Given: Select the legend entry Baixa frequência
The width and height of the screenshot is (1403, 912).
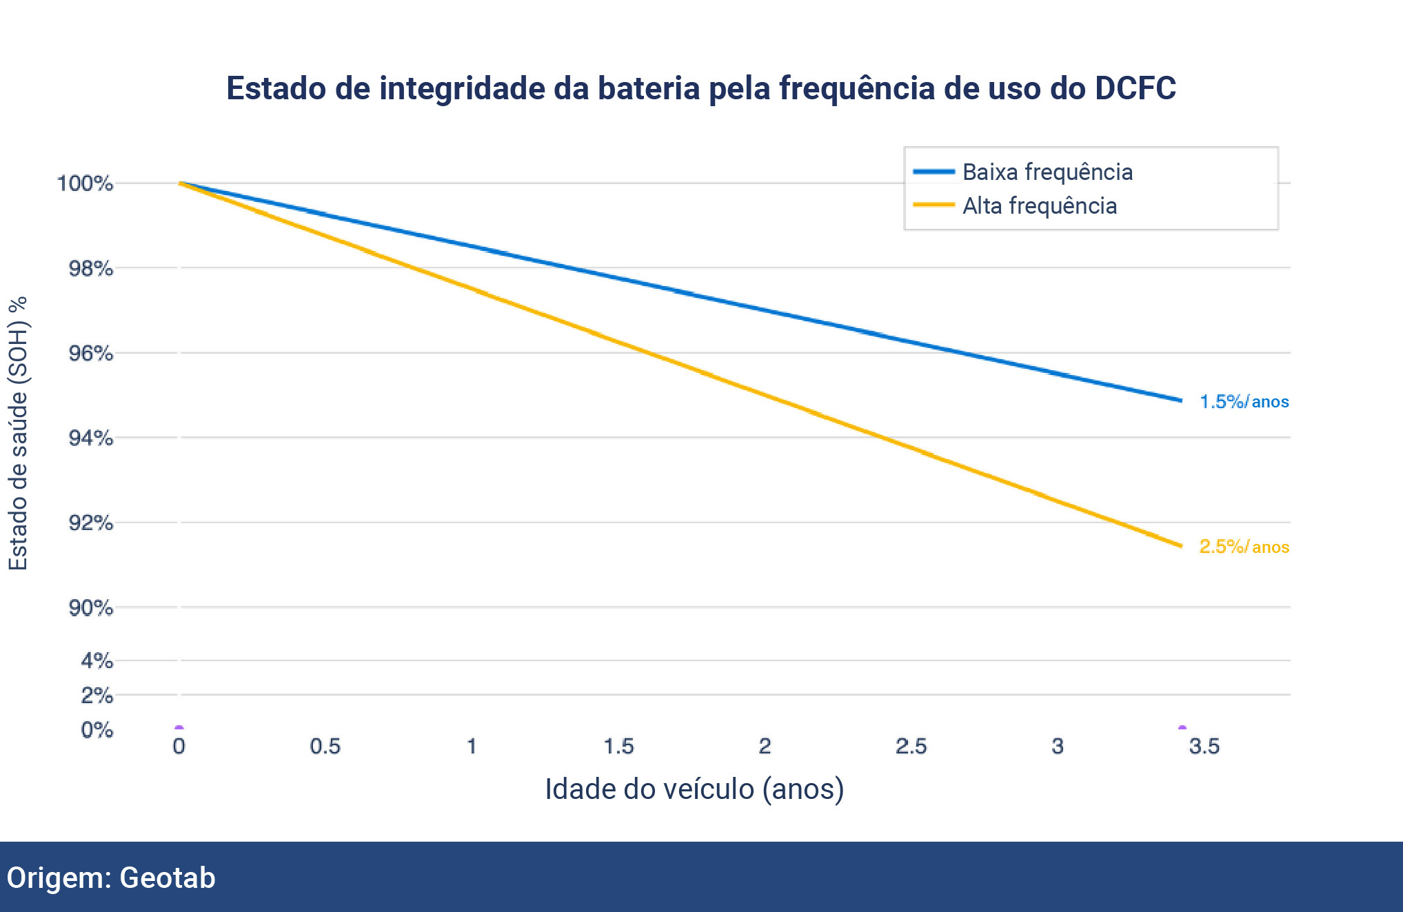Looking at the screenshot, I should click(1047, 172).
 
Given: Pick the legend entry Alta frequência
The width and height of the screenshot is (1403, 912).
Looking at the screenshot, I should click(1039, 206).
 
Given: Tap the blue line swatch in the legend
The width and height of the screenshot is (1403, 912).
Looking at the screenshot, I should click(933, 172).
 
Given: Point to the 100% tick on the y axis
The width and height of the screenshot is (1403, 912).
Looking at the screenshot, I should click(85, 183).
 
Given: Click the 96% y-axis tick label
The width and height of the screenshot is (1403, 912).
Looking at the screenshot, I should click(90, 354).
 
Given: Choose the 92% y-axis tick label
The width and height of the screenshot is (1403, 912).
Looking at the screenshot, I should click(90, 523).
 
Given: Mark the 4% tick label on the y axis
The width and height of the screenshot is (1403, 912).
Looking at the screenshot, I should click(97, 661).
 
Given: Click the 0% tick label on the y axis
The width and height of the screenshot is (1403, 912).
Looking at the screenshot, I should click(97, 730).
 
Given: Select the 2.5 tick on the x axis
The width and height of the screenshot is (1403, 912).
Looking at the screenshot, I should click(911, 747).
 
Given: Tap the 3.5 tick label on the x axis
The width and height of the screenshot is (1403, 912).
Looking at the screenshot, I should click(1204, 747).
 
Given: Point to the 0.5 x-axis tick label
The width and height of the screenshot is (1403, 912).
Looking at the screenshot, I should click(325, 747).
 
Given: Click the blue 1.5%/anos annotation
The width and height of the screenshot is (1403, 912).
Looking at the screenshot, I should click(1244, 402).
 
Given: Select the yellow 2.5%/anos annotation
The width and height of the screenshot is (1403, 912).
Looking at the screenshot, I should click(1244, 547).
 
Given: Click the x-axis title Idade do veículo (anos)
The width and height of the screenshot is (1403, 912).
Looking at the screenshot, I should click(694, 789).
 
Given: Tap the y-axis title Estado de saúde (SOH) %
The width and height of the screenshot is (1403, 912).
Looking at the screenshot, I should click(19, 433).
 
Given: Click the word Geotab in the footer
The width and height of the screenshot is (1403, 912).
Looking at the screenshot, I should click(168, 878).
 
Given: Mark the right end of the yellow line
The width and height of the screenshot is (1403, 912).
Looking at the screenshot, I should click(1181, 546).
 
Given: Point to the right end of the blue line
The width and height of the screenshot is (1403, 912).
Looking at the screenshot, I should click(1181, 400).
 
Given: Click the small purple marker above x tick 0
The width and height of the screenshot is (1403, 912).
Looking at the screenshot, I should click(179, 727).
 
